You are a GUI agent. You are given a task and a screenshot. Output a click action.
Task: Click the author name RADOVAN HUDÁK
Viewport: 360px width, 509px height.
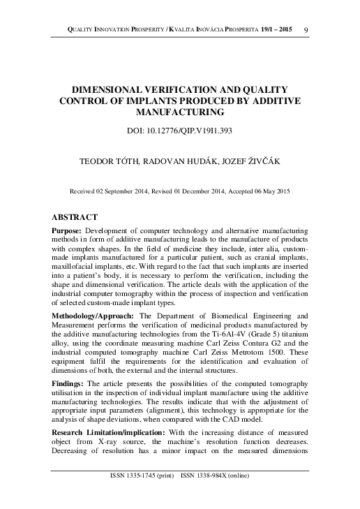178,161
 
